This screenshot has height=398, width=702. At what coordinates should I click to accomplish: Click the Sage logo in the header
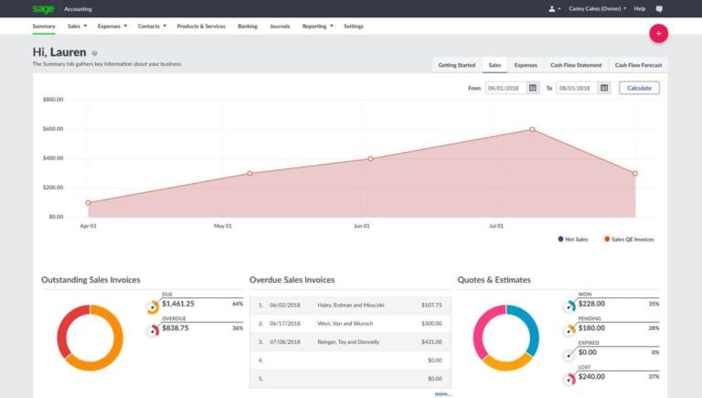(x=43, y=8)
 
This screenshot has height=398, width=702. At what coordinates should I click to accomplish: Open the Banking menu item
(x=248, y=27)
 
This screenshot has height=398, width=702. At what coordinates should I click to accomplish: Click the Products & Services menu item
(x=201, y=27)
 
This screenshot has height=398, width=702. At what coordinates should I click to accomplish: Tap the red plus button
(x=658, y=33)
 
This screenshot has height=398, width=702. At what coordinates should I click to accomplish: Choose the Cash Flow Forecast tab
(x=638, y=65)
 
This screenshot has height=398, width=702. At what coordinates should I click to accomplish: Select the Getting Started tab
(x=456, y=65)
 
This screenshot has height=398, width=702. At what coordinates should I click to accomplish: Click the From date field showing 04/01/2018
(x=505, y=88)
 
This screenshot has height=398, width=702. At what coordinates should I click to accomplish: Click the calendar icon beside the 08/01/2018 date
(x=604, y=88)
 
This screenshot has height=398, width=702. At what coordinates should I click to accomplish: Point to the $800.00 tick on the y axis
(x=52, y=99)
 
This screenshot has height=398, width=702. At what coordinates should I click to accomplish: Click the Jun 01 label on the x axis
(x=362, y=225)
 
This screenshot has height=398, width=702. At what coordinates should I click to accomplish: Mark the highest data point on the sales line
(x=532, y=129)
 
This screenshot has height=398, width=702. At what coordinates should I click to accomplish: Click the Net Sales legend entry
(x=572, y=239)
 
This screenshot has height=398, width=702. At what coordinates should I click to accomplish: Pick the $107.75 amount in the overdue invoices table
(x=431, y=305)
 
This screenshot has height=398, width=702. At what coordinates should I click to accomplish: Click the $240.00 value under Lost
(x=592, y=376)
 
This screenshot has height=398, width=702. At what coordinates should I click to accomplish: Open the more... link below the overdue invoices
(x=442, y=393)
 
